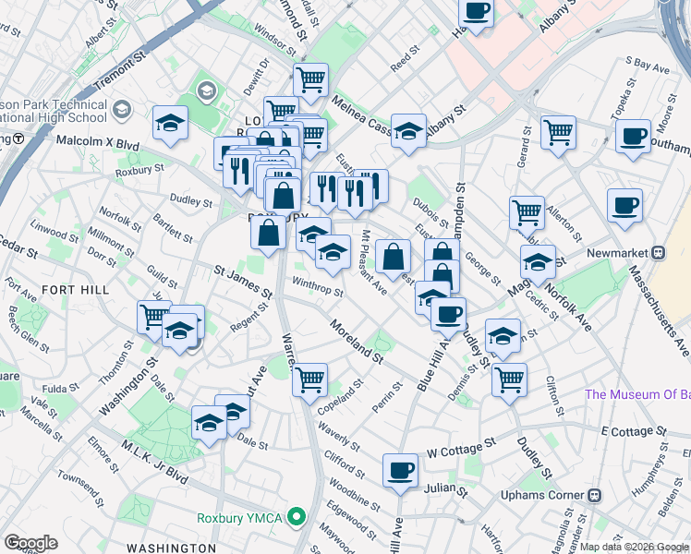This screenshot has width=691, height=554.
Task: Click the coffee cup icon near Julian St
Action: (401, 471)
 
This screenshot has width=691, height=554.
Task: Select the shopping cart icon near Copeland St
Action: (310, 379)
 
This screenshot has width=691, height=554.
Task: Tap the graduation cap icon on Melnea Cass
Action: (408, 131)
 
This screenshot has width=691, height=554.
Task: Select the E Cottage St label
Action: (633, 431)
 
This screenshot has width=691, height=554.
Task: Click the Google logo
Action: (31, 542)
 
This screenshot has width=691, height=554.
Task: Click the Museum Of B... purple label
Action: (637, 395)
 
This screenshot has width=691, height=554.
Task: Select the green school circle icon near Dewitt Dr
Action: (205, 90)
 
